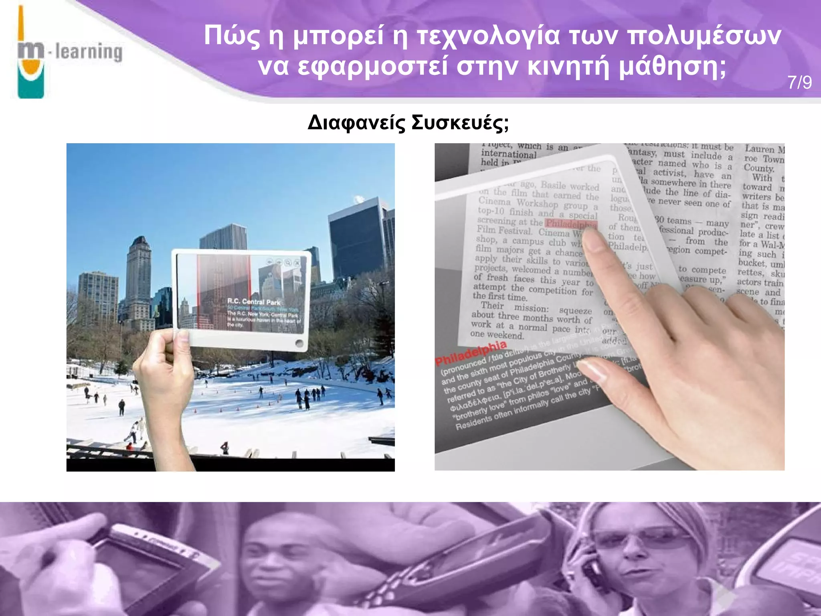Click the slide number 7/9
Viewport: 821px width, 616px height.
(x=800, y=83)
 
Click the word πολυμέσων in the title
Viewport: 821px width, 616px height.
(x=704, y=36)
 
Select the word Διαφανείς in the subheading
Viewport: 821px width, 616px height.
(x=356, y=123)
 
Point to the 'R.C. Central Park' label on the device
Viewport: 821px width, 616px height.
(x=254, y=302)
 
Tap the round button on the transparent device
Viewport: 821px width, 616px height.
(x=299, y=343)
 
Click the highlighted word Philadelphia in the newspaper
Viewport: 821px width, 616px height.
(x=572, y=224)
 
